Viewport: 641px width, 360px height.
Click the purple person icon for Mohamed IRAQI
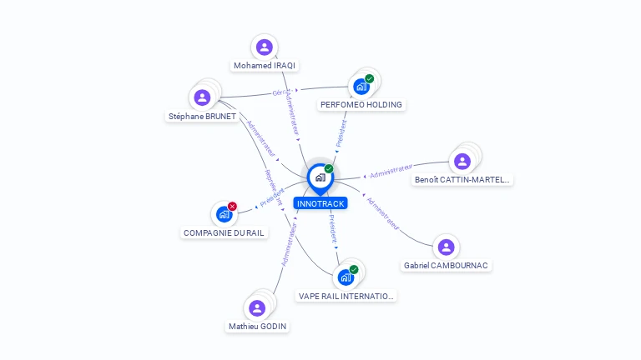click(x=265, y=47)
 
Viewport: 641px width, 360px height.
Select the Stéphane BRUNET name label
click(x=202, y=117)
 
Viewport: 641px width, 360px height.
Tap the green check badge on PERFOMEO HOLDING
click(x=369, y=79)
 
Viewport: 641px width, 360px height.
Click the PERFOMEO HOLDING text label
click(x=361, y=105)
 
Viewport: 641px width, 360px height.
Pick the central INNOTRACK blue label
click(x=320, y=203)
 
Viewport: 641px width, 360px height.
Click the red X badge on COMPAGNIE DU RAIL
click(x=232, y=207)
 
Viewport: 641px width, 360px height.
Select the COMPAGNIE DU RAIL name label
click(x=225, y=232)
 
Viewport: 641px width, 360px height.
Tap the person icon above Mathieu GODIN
click(x=257, y=308)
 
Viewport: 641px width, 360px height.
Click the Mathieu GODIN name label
click(x=258, y=327)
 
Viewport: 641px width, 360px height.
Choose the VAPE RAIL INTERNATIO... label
click(x=346, y=296)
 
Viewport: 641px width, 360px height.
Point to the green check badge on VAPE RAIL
click(x=354, y=270)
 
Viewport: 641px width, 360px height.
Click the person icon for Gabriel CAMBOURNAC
click(x=446, y=247)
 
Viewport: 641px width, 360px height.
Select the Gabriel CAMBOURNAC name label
click(x=447, y=265)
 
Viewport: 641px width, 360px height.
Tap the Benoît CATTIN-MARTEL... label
click(x=462, y=179)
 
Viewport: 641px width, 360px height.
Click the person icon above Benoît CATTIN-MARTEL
click(x=462, y=161)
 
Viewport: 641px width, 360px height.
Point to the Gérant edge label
click(x=280, y=92)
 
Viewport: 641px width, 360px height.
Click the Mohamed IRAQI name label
click(x=265, y=65)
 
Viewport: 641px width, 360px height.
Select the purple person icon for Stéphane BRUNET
click(x=202, y=97)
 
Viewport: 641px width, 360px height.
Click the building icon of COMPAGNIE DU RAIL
click(x=223, y=214)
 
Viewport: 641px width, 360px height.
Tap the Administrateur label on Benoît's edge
click(x=391, y=171)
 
